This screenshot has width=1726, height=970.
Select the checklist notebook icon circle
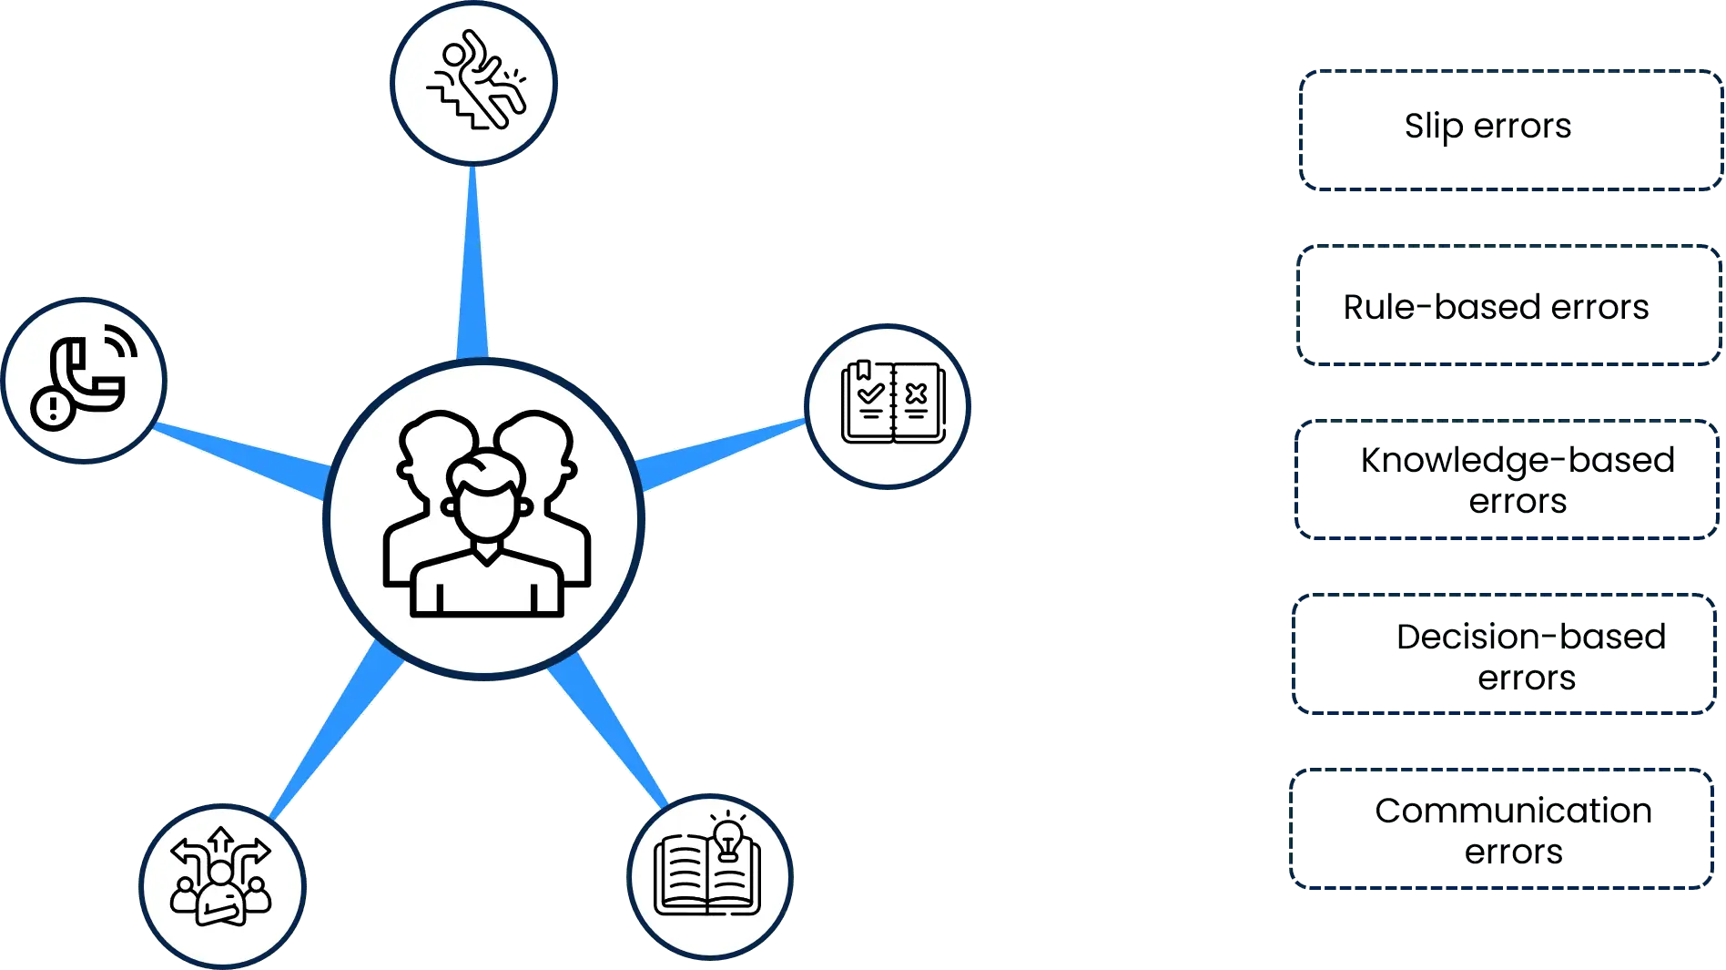pos(888,403)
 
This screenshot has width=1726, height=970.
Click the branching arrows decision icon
pos(221,884)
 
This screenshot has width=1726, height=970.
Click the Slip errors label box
pos(1508,129)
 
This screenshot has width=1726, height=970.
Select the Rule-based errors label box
pos(1508,306)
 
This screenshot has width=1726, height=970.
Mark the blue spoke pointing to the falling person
pos(473,264)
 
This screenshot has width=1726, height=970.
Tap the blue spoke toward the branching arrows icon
pos(337,729)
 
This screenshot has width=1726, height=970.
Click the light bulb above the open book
pos(727,837)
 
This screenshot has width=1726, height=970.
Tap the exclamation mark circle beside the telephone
pos(53,407)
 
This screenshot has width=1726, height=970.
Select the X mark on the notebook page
pos(917,393)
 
